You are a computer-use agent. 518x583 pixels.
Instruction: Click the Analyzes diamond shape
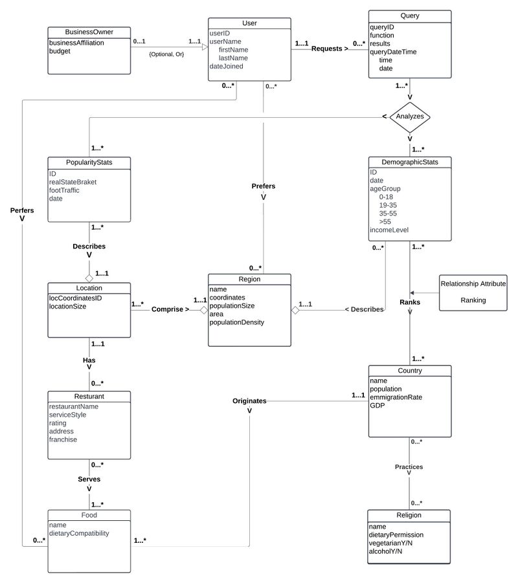(x=410, y=117)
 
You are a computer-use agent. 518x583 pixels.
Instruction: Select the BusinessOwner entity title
(x=90, y=32)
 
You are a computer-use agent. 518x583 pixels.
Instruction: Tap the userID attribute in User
(x=220, y=32)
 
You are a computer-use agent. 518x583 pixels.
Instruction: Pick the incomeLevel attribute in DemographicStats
(x=389, y=230)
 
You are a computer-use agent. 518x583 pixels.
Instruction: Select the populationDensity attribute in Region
(x=237, y=322)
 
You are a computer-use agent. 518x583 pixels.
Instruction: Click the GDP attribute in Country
(x=377, y=406)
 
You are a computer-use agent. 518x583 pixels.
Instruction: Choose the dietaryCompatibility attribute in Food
(x=79, y=533)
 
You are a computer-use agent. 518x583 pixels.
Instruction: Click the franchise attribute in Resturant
(x=63, y=439)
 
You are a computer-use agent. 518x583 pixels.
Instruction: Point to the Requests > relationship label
(x=329, y=49)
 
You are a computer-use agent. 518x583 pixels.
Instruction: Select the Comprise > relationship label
(x=170, y=310)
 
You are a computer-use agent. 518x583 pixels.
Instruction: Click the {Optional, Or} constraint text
(x=166, y=54)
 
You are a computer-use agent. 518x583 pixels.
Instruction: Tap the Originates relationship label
(x=250, y=401)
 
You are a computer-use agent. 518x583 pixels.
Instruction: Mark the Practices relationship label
(x=409, y=467)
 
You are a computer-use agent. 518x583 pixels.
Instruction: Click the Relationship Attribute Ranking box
(x=473, y=292)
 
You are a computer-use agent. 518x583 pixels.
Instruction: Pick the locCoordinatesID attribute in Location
(x=76, y=298)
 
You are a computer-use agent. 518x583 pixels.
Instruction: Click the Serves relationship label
(x=89, y=479)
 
